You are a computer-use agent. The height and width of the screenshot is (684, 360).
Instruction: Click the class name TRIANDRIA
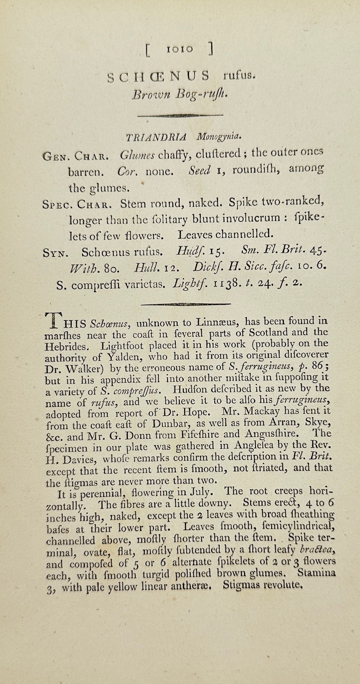156,137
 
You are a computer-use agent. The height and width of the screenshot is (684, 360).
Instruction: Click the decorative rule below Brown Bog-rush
180,115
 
